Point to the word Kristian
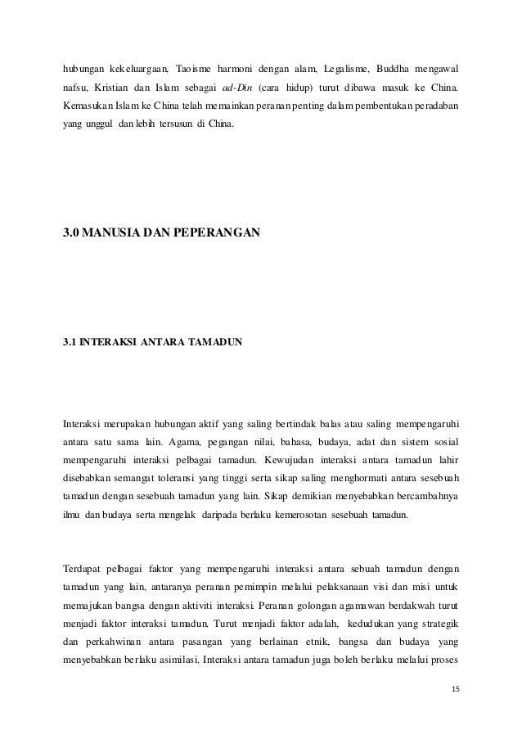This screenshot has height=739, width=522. tap(110, 88)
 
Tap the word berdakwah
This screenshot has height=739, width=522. tap(400, 609)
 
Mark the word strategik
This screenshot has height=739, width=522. tap(435, 629)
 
